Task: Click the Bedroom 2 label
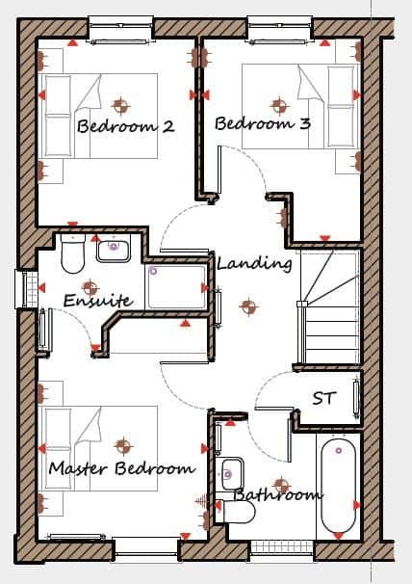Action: click(x=125, y=126)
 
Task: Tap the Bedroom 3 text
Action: click(x=263, y=123)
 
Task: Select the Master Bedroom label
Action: click(x=121, y=468)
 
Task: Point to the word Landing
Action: click(x=254, y=264)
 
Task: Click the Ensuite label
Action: click(x=98, y=301)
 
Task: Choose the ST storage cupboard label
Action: click(x=324, y=398)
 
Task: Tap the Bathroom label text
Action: click(x=277, y=495)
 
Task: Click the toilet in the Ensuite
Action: click(x=73, y=253)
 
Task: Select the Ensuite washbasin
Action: click(x=114, y=249)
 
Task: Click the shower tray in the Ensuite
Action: click(x=176, y=287)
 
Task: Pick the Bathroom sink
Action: click(x=230, y=474)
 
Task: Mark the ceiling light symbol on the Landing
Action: click(x=248, y=306)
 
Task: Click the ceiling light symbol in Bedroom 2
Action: click(x=120, y=106)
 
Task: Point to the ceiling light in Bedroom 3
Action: click(x=279, y=105)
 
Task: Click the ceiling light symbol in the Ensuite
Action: click(x=90, y=288)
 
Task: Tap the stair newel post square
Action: click(x=301, y=304)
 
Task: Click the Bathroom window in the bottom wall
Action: click(x=282, y=546)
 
